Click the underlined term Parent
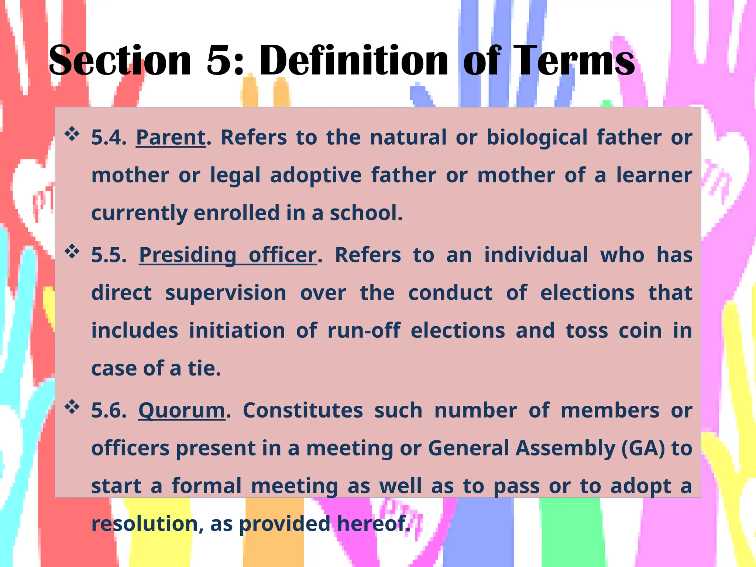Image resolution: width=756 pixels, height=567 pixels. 171,138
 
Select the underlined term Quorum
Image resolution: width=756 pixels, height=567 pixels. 182,410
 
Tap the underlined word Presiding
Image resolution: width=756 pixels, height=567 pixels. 188,255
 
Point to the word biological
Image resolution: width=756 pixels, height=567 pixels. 537,138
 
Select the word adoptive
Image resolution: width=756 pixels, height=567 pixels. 316,175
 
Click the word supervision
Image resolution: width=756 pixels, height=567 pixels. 226,293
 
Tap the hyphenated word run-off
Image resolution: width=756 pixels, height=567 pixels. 364,331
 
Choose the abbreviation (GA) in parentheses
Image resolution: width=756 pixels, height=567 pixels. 643,449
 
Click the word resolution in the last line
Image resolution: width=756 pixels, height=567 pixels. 144,524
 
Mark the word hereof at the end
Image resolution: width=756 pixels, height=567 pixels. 373,524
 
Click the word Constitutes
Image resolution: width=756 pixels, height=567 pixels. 303,410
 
